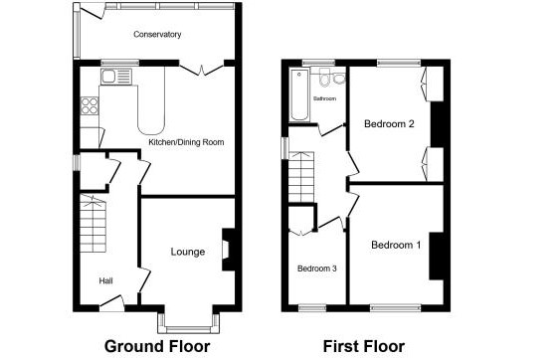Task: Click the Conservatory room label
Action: (157, 35)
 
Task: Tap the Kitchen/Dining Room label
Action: (186, 142)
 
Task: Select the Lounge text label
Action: (188, 252)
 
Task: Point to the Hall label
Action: (105, 280)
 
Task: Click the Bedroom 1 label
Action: (396, 245)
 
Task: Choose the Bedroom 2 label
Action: (389, 123)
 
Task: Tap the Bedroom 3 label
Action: (317, 269)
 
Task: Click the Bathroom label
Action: (324, 98)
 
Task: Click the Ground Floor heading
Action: (157, 346)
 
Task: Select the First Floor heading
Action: (364, 346)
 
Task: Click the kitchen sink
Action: (116, 77)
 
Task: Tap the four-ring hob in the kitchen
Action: (90, 105)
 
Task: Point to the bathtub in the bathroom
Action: (299, 94)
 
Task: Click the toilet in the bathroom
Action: (324, 78)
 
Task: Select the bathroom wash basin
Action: (339, 79)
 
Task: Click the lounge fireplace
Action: (228, 250)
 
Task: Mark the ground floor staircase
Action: (93, 224)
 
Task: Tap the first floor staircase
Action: (301, 177)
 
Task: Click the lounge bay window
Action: (189, 324)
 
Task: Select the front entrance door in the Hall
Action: (111, 302)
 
